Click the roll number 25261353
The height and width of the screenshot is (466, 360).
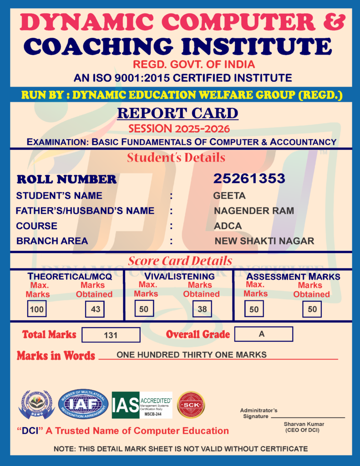click(249, 179)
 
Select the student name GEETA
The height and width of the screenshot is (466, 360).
click(229, 196)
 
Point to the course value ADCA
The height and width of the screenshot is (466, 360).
click(228, 226)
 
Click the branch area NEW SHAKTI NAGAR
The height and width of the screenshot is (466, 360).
click(264, 241)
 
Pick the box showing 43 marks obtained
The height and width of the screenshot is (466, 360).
click(96, 309)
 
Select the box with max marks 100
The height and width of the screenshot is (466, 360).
click(37, 309)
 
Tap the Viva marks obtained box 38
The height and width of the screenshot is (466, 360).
click(202, 309)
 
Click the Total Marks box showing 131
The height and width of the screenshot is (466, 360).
click(111, 335)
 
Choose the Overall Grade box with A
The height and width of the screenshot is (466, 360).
click(263, 334)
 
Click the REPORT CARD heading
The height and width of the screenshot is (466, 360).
click(177, 113)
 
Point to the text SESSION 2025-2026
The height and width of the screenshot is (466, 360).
click(179, 129)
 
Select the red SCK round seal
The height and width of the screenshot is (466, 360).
click(191, 405)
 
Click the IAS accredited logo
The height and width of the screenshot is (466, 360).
click(142, 405)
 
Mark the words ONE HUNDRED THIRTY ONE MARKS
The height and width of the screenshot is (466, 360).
click(192, 355)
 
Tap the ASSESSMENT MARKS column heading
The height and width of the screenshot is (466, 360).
click(293, 276)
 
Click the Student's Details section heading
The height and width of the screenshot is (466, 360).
click(176, 158)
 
